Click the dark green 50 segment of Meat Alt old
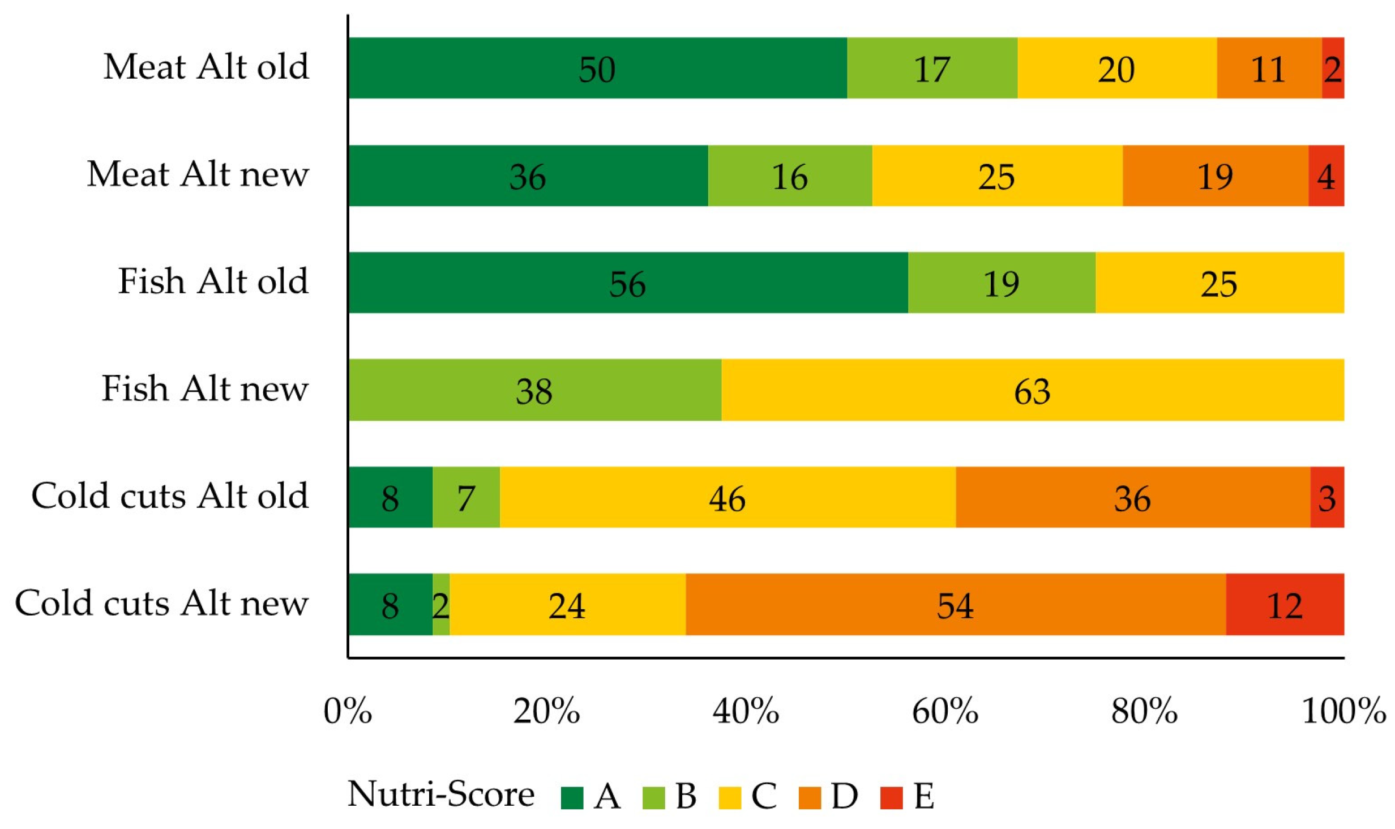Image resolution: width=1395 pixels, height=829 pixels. [x=597, y=68]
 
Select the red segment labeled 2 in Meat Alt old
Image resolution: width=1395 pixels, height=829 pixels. [x=1333, y=68]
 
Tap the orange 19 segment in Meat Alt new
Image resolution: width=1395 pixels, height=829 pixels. [x=1215, y=176]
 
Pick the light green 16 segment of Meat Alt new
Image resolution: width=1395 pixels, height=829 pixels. [x=790, y=176]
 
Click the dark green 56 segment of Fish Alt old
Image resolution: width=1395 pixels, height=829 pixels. [x=627, y=283]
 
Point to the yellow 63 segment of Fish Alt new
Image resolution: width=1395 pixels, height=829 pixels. [x=1032, y=390]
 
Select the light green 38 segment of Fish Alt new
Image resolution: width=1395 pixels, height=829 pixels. [x=534, y=390]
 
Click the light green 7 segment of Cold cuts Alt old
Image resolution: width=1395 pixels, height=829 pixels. [x=466, y=497]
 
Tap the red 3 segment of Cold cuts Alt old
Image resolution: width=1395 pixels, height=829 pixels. [x=1326, y=497]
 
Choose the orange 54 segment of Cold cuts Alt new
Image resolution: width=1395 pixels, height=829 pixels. [x=955, y=604]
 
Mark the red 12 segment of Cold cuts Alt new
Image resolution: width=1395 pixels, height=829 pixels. [x=1285, y=604]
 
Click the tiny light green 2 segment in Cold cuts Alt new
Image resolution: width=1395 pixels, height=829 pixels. [x=441, y=604]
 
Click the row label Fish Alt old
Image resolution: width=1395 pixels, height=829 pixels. [x=213, y=281]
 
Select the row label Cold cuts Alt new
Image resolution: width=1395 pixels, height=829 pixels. [x=161, y=602]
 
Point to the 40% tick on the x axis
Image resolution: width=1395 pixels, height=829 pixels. [x=746, y=711]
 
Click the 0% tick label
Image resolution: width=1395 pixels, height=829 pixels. [x=348, y=711]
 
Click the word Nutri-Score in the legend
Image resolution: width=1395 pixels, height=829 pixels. [x=440, y=794]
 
